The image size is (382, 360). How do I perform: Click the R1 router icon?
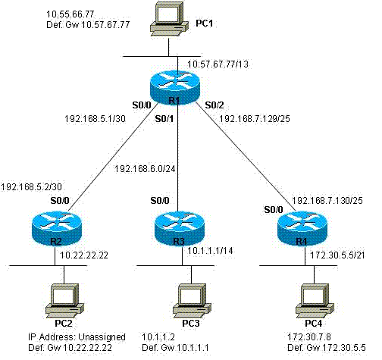175,87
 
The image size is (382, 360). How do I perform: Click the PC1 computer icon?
169,20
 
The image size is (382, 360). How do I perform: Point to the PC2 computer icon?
64,301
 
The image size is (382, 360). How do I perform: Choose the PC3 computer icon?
193,301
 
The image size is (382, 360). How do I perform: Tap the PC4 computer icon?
315,301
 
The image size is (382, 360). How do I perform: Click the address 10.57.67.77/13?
218,64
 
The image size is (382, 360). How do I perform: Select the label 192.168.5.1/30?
95,119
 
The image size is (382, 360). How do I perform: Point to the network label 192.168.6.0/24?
145,169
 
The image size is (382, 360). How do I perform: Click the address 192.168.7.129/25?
255,119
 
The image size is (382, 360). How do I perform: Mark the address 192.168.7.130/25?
327,201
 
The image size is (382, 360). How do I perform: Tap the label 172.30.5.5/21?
337,255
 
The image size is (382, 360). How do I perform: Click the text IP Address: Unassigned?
77,337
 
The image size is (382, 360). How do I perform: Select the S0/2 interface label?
214,105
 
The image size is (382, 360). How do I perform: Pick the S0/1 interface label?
164,119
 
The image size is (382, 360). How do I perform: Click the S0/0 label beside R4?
274,210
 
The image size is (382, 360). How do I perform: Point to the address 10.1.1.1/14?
210,251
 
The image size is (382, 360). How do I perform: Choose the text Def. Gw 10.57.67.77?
88,25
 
